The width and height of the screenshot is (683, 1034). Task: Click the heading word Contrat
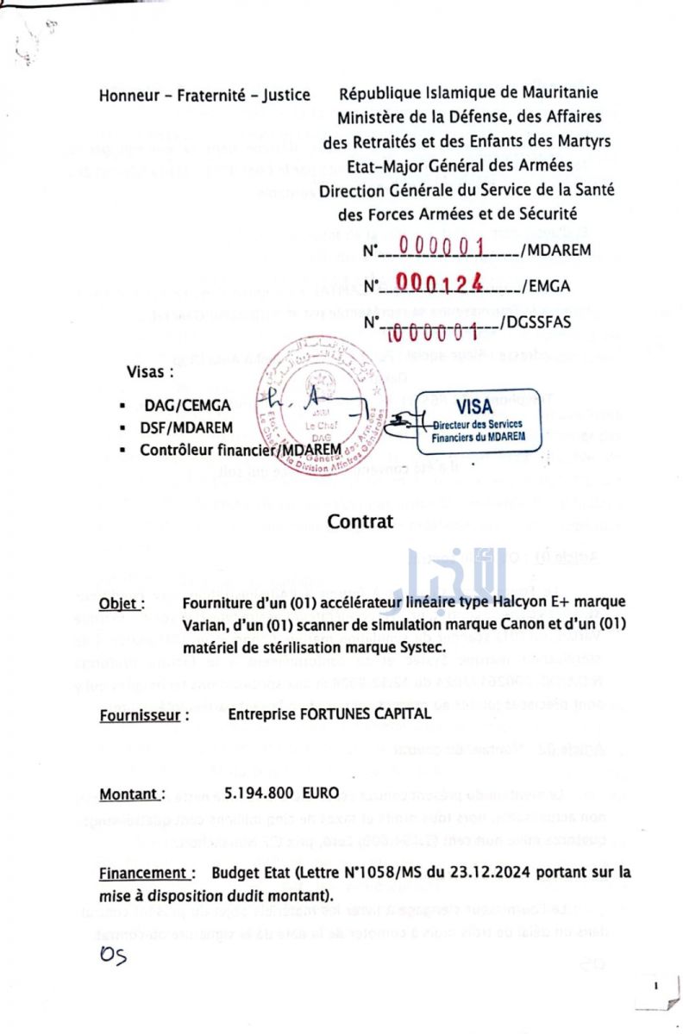click(360, 521)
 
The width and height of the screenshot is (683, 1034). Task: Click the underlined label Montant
click(132, 794)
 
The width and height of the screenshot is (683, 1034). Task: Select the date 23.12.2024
click(465, 871)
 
